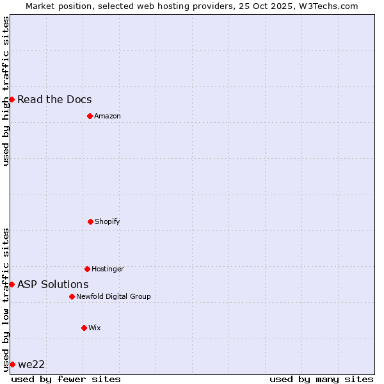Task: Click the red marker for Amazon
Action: click(90, 116)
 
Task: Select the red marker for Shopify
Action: click(90, 221)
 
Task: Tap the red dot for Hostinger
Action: click(87, 269)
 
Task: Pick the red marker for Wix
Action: click(84, 328)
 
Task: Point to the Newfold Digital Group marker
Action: click(72, 296)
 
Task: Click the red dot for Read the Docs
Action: click(12, 99)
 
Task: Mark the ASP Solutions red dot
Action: click(12, 284)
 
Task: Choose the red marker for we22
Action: click(12, 364)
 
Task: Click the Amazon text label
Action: click(108, 116)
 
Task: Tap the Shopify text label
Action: click(108, 221)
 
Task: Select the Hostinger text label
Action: click(108, 269)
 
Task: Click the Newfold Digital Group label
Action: click(113, 296)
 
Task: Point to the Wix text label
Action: click(95, 328)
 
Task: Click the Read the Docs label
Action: click(54, 99)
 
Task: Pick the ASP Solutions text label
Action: click(53, 284)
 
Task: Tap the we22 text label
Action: click(31, 364)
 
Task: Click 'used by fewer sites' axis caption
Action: click(66, 379)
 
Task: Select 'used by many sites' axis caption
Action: click(321, 379)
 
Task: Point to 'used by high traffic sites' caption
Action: click(6, 91)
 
